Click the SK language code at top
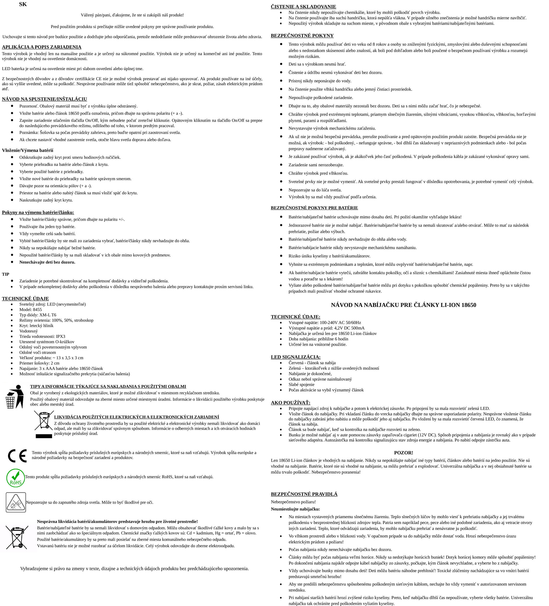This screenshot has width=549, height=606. (23, 4)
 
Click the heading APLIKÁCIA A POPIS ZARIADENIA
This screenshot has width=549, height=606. (42, 47)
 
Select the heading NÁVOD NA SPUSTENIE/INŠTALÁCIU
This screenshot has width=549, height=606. (45, 99)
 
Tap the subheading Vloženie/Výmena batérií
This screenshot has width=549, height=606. (27, 150)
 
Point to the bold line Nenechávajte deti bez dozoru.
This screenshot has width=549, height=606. (47, 262)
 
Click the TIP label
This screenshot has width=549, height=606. (5, 274)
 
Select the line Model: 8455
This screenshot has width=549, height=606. (31, 310)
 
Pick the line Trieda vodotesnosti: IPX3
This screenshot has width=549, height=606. (42, 336)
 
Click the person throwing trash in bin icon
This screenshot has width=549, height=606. (15, 396)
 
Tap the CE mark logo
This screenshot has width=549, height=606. (17, 456)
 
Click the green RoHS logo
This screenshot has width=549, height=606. (16, 478)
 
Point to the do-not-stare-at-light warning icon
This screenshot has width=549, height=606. (16, 502)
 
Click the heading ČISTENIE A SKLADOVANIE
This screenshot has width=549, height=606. (303, 7)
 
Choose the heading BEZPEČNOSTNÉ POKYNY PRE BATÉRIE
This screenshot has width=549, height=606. (314, 208)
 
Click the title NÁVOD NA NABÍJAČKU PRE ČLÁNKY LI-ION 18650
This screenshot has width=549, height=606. (403, 305)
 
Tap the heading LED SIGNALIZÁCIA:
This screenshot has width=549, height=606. (296, 357)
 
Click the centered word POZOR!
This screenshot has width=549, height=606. (403, 453)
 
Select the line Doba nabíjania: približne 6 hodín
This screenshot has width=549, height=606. (318, 339)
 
